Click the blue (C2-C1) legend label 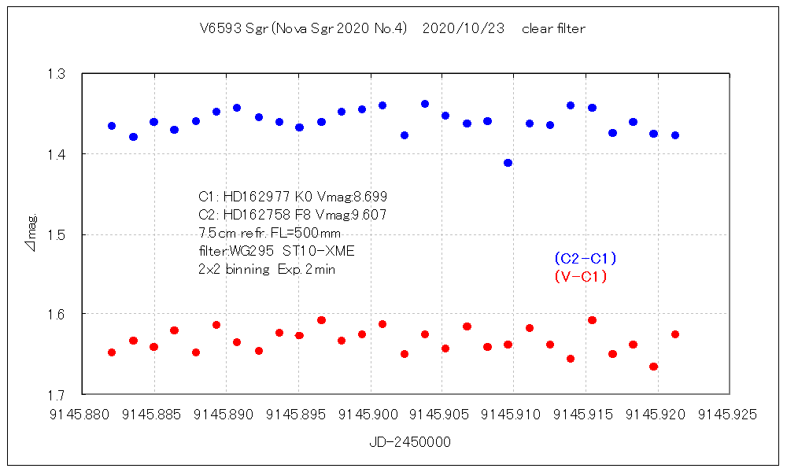[x=585, y=258]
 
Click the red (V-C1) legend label [x=580, y=277]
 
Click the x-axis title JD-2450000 [x=410, y=442]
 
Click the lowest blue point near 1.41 [x=508, y=163]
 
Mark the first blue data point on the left [x=112, y=126]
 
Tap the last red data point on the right [x=674, y=334]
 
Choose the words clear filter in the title [x=553, y=29]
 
